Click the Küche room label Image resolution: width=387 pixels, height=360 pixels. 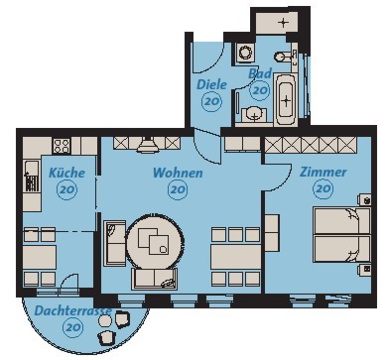click(66, 173)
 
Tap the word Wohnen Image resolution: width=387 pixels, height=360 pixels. click(178, 173)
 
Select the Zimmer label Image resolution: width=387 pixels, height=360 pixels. click(322, 172)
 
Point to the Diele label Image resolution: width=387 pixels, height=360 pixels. click(211, 84)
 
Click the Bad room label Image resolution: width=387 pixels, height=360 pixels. click(260, 73)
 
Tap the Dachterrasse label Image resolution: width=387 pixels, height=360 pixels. click(72, 311)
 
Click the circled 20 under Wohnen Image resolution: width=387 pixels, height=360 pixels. click(178, 189)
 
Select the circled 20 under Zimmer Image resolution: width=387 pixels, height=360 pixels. click(323, 188)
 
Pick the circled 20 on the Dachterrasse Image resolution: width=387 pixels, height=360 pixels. click(72, 327)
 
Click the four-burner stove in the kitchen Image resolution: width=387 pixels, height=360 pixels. click(62, 146)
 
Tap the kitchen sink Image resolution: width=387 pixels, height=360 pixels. click(32, 176)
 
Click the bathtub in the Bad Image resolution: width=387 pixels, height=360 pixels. click(286, 99)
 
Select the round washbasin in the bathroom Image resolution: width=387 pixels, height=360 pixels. click(254, 113)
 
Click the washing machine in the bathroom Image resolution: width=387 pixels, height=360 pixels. click(245, 53)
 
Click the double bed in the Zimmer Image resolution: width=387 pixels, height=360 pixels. click(341, 235)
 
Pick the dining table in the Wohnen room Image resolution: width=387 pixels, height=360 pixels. click(235, 257)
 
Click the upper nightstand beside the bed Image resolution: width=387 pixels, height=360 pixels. click(365, 200)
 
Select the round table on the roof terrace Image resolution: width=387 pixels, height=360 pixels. click(105, 320)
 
